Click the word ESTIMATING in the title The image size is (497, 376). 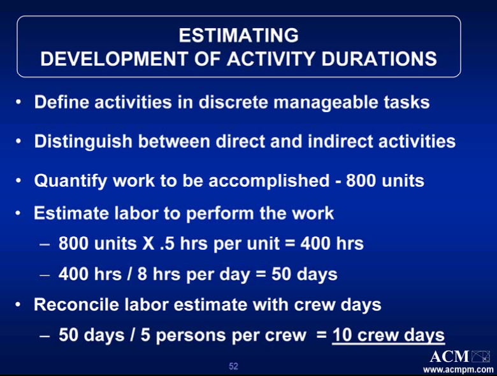[238, 35]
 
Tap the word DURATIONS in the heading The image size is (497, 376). [379, 59]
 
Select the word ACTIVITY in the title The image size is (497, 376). [271, 59]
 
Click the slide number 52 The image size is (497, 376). [233, 366]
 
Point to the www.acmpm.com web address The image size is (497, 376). [458, 370]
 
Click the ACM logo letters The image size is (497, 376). [449, 357]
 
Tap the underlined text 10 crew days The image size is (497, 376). [389, 335]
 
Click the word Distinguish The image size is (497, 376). [83, 141]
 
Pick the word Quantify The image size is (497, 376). [71, 181]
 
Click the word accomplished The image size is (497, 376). [269, 181]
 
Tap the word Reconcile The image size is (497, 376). [76, 305]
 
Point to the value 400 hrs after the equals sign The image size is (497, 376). [332, 243]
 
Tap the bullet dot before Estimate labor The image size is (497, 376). [18, 213]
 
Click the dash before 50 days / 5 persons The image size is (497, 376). [45, 336]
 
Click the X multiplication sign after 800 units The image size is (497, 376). [148, 243]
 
